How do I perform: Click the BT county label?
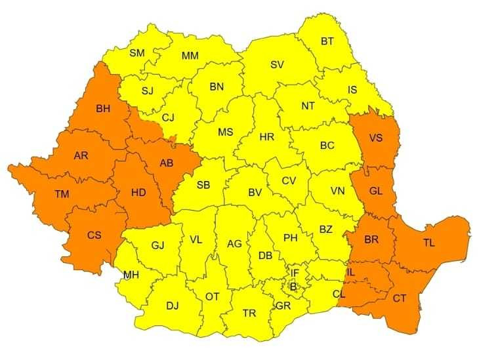327,41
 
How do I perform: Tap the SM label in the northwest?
137,52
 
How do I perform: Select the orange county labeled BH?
103,109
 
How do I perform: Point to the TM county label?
62,194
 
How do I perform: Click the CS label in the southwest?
94,234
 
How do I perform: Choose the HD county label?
138,193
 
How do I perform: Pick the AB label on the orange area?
167,163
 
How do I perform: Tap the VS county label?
376,138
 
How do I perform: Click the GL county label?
376,191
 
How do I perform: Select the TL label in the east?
428,243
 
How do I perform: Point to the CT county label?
399,298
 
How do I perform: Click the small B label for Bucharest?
293,286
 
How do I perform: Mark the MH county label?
131,275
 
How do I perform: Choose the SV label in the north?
277,64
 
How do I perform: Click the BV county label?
255,193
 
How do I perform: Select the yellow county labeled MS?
225,132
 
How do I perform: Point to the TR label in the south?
249,313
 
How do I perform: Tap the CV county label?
289,180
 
